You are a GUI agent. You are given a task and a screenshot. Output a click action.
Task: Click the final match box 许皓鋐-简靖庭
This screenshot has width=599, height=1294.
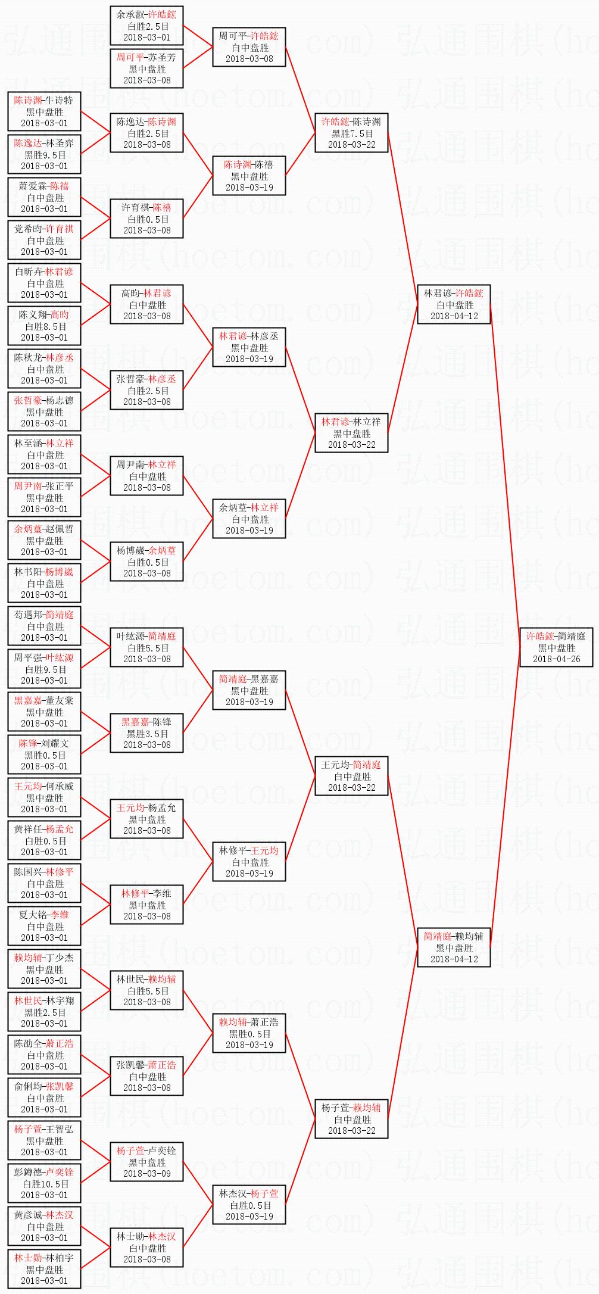pos(556,647)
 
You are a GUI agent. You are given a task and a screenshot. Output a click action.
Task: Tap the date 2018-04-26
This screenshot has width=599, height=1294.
pos(556,659)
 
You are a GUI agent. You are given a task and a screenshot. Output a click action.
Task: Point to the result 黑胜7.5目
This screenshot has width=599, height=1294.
pos(352,133)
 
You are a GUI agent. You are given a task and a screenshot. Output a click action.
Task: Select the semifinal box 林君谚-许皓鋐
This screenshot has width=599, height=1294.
pos(454,304)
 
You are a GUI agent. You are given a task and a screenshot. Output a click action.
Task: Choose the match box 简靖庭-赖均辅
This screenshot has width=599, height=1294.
pos(454,947)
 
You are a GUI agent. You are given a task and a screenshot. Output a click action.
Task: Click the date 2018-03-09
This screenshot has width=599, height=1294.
pos(147,1173)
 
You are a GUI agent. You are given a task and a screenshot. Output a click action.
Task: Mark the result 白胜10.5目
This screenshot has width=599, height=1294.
pos(45,1184)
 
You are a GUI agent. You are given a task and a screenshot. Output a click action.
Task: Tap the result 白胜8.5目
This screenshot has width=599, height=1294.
pos(45,326)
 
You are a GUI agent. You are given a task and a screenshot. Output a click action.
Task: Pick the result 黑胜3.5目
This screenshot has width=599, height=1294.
pos(147,734)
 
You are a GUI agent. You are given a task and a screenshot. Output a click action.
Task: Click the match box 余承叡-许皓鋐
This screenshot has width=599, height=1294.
pos(146,26)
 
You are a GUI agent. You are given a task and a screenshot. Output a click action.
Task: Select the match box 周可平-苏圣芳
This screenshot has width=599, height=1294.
pos(146,68)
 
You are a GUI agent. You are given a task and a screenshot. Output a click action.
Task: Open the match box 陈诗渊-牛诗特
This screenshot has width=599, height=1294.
pos(45,111)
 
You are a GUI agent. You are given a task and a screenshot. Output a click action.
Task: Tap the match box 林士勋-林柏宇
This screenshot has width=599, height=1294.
pos(45,1269)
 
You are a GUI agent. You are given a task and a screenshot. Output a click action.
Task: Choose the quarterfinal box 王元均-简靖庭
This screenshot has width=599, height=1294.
pos(351,776)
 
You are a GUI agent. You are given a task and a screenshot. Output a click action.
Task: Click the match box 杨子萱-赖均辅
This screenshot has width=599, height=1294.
pos(351,1119)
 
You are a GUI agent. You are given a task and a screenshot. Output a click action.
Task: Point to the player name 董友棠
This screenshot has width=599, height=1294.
pos(60,701)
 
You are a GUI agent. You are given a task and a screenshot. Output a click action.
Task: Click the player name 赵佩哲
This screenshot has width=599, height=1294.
pos(60,529)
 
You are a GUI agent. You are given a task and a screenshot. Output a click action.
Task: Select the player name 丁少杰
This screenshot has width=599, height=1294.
pos(60,958)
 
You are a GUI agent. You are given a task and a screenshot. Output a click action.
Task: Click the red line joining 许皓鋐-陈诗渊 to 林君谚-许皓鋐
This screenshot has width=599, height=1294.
pos(403,219)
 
